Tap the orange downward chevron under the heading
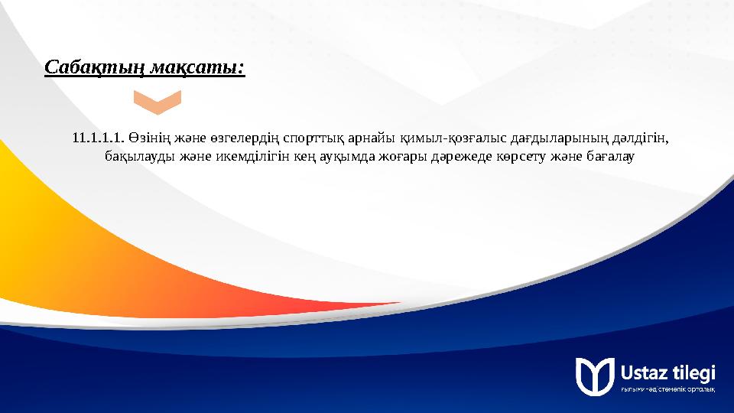pos(157,102)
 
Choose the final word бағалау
pos(609,157)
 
